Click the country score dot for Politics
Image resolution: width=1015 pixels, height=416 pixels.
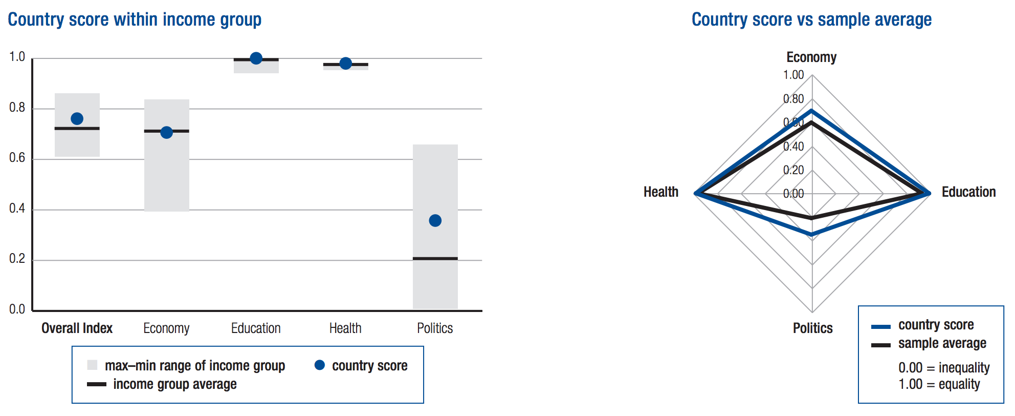click(435, 221)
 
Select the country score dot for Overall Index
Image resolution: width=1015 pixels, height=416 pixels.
click(77, 119)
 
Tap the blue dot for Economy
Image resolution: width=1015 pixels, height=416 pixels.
click(166, 133)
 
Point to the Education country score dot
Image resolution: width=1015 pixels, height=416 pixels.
click(256, 58)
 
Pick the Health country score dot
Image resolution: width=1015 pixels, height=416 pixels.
click(345, 64)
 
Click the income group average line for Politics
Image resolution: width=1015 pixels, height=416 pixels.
click(435, 259)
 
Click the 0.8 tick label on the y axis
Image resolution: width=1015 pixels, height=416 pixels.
click(17, 108)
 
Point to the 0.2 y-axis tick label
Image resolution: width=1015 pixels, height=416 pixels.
click(17, 259)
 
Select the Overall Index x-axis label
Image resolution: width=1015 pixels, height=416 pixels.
click(77, 328)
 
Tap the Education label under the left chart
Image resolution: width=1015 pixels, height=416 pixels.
click(256, 328)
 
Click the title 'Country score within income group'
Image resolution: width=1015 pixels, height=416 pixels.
click(135, 20)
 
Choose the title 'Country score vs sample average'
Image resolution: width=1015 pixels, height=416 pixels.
click(811, 20)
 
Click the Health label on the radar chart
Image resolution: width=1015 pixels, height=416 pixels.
click(661, 192)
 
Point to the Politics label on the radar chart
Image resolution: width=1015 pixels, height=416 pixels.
click(812, 328)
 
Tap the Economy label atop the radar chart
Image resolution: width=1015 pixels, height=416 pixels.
click(811, 57)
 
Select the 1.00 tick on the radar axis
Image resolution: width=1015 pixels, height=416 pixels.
click(793, 75)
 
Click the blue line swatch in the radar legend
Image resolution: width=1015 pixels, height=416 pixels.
click(881, 327)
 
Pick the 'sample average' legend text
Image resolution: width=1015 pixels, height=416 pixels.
click(942, 343)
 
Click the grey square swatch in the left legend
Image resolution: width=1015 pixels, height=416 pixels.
click(92, 365)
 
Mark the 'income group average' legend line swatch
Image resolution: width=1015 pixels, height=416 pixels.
click(97, 384)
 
